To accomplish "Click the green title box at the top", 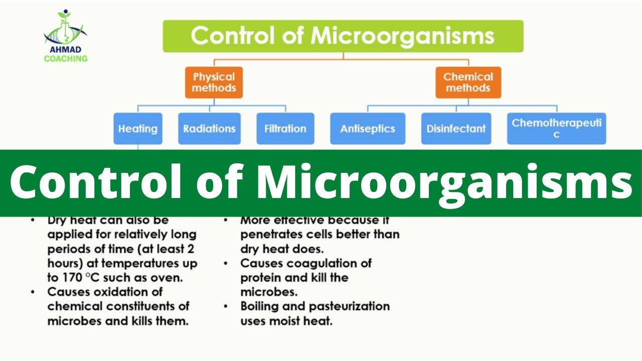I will click(x=343, y=36).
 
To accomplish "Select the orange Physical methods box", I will click(x=214, y=82).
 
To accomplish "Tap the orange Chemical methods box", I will click(x=468, y=82).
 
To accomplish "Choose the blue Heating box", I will click(x=137, y=129).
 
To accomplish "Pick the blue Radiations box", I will click(x=209, y=129).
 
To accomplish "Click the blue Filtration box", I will click(x=285, y=129).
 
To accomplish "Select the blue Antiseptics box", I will click(x=368, y=129).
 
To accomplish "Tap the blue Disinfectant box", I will click(x=456, y=129).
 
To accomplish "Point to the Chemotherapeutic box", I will click(x=556, y=128).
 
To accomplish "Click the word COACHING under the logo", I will click(x=65, y=59).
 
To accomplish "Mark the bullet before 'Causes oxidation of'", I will click(x=33, y=292).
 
